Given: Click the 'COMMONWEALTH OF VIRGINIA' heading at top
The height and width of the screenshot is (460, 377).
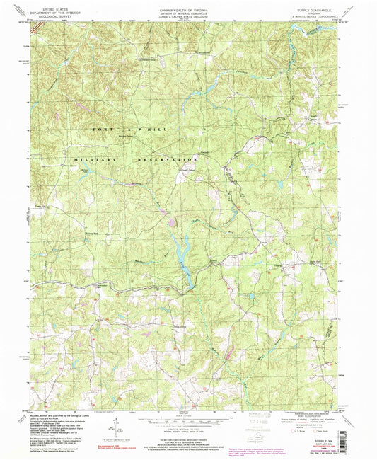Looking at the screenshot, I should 187,4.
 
